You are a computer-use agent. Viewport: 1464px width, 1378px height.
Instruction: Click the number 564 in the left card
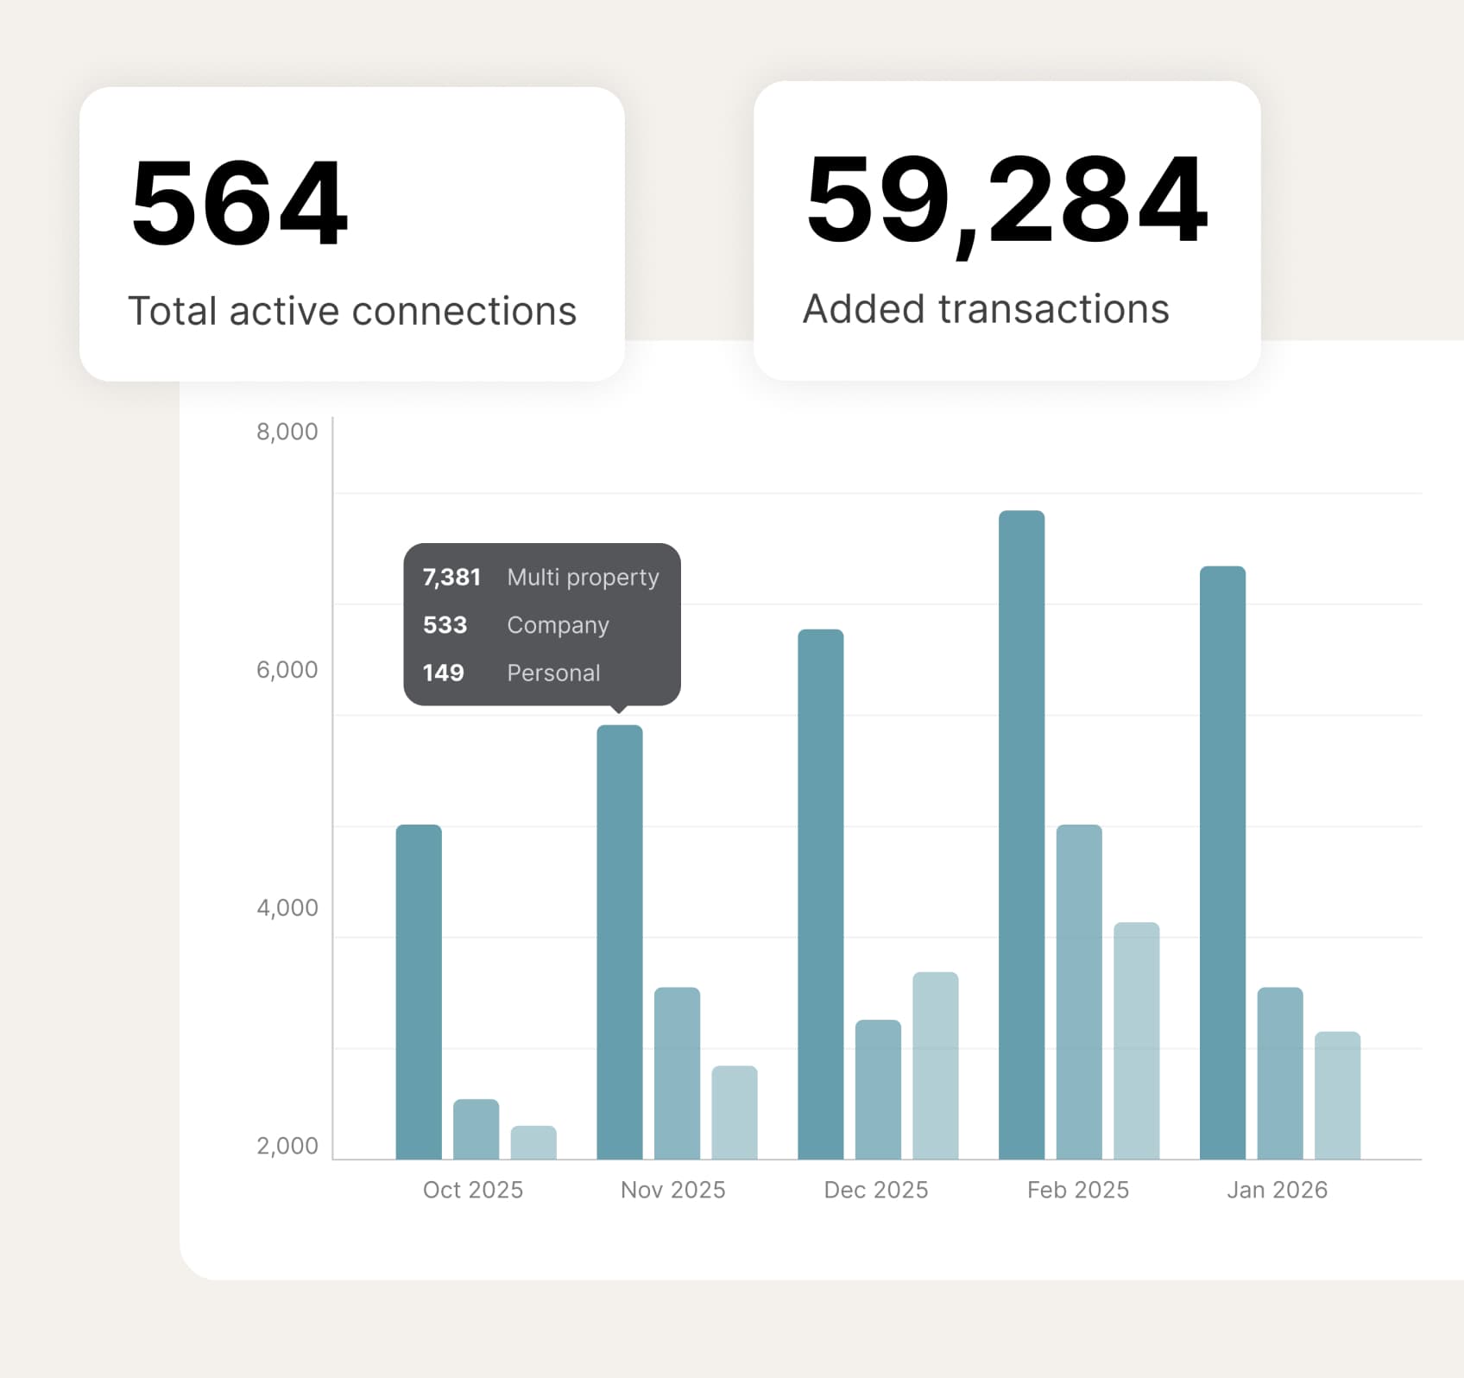tap(239, 204)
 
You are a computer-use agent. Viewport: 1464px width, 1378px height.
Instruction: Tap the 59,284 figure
tap(1006, 200)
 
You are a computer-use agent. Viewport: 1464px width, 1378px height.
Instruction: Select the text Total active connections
tap(352, 311)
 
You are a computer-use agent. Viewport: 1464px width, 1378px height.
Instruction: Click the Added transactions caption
tap(986, 309)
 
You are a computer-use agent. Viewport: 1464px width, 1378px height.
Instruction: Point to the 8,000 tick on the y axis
tap(287, 432)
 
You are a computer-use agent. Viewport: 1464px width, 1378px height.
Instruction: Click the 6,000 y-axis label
tap(287, 670)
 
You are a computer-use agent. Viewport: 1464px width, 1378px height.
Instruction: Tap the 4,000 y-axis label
tap(287, 908)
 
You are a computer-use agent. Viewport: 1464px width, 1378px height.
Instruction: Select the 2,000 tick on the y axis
tap(287, 1147)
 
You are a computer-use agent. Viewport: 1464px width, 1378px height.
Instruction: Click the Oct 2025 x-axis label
tap(473, 1190)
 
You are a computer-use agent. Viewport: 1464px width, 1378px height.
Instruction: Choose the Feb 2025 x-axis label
tap(1078, 1190)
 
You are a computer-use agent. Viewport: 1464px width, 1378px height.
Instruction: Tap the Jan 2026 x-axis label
tap(1277, 1190)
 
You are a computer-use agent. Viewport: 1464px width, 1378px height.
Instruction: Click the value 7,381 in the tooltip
tap(451, 577)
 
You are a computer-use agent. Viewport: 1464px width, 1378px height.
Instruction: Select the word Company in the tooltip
tap(558, 625)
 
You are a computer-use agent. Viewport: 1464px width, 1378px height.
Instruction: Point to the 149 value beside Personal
tap(444, 673)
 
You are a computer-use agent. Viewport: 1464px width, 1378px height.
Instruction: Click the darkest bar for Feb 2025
tap(1021, 834)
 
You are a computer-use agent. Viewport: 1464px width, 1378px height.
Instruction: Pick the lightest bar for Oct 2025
tap(533, 1142)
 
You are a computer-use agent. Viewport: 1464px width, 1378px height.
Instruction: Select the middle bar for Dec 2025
tap(878, 1090)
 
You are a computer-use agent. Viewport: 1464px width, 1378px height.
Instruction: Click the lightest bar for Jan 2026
tap(1337, 1095)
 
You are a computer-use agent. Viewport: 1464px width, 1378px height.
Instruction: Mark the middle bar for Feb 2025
tap(1079, 991)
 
